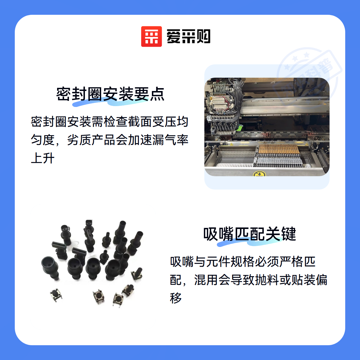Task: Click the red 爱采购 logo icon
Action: tap(151, 37)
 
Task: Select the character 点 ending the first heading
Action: tap(157, 94)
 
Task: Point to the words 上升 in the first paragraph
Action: tap(43, 158)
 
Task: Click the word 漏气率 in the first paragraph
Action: tap(170, 140)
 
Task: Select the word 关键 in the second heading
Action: tap(281, 234)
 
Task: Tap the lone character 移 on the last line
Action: tap(176, 298)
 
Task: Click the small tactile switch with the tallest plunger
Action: tap(137, 274)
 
